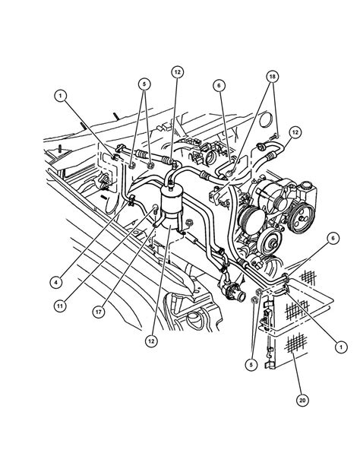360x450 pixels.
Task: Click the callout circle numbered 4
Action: point(56,282)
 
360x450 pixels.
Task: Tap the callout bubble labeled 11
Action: point(60,306)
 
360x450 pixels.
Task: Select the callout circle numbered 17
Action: point(99,312)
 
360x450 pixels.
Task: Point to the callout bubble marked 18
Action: point(272,77)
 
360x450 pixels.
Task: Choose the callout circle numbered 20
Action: point(302,400)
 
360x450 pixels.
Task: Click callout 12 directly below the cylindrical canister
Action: point(151,341)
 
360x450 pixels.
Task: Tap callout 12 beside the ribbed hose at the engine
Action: point(295,132)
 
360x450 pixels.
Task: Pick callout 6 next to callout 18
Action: point(219,85)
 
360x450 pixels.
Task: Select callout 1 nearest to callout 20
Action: point(341,347)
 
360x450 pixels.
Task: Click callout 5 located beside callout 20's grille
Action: point(251,364)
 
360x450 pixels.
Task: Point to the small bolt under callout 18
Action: point(273,137)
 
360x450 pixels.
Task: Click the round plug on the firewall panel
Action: point(265,119)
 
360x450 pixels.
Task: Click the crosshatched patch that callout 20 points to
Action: point(295,343)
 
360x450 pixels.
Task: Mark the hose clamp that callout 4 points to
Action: point(131,200)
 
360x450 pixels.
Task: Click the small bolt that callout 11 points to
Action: point(155,208)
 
